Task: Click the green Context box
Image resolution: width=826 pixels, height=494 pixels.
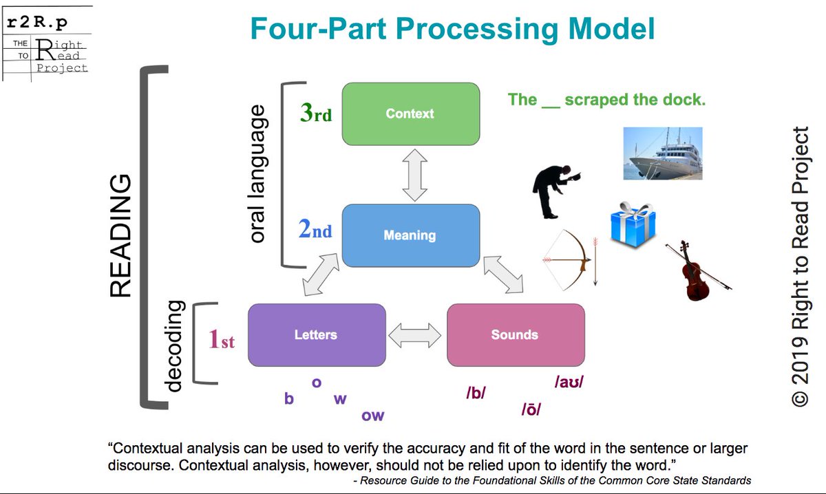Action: (411, 114)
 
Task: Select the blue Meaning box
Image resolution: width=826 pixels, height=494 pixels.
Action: (411, 235)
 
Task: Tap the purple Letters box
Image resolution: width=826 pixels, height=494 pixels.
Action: (317, 335)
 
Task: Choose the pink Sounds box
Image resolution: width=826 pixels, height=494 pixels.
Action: (516, 335)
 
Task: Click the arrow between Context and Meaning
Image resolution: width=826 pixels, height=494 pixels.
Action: (415, 175)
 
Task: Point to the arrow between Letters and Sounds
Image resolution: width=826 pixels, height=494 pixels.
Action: (415, 336)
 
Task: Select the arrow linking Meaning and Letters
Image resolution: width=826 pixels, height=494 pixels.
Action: (321, 275)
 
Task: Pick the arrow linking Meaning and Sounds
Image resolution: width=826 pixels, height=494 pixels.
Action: (503, 275)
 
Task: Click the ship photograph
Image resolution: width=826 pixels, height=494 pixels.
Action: (663, 153)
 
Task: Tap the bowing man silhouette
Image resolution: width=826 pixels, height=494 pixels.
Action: (555, 192)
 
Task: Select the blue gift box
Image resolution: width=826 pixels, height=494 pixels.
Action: (633, 225)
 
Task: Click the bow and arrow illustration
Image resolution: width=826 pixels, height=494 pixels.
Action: (570, 260)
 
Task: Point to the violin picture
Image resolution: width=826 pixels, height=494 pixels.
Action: (697, 271)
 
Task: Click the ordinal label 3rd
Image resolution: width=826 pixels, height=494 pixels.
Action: (316, 112)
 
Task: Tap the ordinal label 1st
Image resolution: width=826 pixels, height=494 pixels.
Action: (221, 339)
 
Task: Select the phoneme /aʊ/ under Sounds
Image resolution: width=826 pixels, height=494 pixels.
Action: (569, 382)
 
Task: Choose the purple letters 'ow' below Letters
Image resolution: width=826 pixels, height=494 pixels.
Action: (373, 416)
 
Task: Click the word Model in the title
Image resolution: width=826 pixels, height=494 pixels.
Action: (612, 29)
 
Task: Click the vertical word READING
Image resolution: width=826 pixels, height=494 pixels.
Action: (120, 235)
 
